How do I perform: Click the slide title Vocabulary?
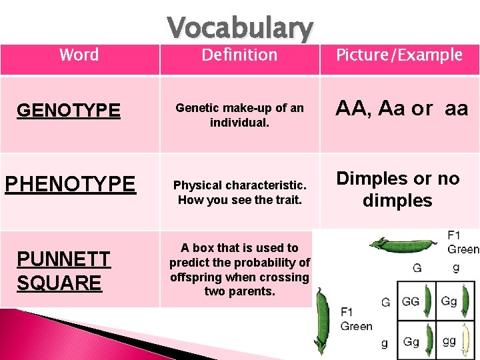point(239,28)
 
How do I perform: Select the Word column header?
point(79,55)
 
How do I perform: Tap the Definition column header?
point(239,55)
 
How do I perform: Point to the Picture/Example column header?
point(399,55)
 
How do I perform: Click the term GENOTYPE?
point(69,110)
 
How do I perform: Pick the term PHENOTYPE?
point(70,184)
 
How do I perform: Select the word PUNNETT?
point(63,259)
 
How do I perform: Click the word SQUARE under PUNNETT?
point(59,283)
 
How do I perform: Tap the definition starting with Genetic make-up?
point(239,115)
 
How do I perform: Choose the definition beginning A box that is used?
point(239,269)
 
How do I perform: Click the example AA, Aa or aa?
point(401,109)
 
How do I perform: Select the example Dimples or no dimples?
point(398,189)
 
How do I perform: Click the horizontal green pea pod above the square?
point(399,245)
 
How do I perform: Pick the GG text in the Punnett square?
point(411,301)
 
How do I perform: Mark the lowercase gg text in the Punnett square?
point(449,341)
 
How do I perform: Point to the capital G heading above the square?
point(417,268)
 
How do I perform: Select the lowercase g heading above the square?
point(455,268)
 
